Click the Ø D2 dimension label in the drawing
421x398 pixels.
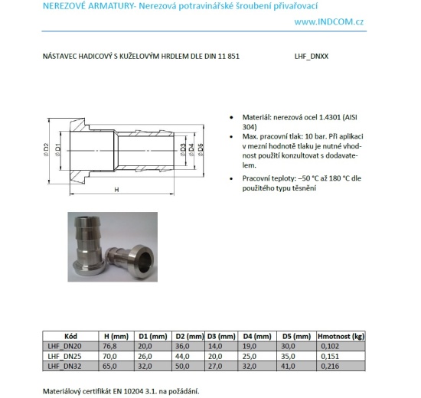(x=47, y=150)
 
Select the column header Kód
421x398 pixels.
(x=70, y=337)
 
